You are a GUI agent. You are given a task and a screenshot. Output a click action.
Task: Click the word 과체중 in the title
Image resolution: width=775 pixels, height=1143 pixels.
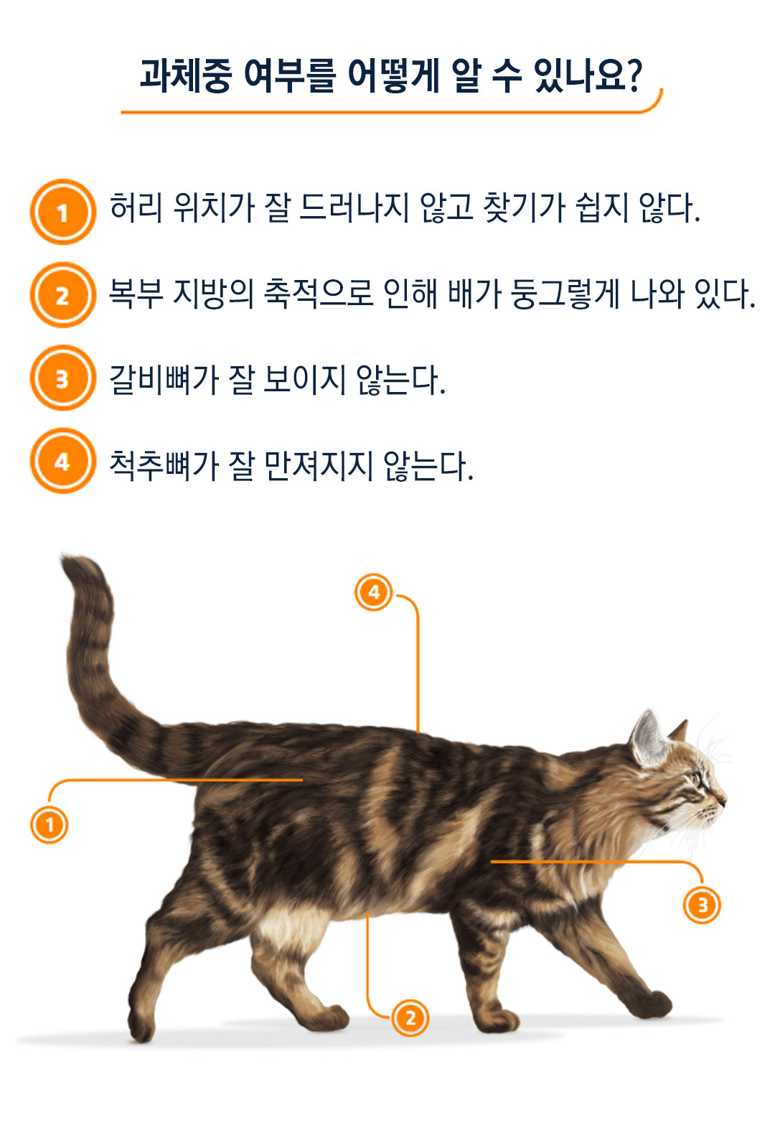186,75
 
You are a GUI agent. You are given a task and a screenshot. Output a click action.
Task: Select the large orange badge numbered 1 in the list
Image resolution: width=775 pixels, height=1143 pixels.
62,212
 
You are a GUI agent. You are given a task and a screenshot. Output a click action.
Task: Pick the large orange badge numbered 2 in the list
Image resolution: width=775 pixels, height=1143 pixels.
62,295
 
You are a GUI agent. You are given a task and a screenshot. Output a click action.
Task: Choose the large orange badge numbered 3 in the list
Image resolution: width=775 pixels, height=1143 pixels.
62,378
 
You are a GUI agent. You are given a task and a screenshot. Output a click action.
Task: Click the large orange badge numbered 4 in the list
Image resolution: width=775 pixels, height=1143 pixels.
62,461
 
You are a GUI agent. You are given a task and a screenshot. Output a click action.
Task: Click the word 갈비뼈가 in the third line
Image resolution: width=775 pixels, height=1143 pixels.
164,380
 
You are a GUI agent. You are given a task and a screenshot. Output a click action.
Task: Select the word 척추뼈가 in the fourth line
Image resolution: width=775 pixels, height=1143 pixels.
164,465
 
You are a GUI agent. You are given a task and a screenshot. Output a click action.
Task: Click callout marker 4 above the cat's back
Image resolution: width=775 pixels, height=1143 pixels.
374,592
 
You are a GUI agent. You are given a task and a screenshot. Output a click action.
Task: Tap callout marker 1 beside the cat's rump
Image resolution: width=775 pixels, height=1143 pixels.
50,825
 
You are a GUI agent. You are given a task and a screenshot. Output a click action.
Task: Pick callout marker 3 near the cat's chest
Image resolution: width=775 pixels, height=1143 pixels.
702,905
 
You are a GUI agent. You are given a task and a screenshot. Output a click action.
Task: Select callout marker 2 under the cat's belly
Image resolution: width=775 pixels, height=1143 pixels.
410,1018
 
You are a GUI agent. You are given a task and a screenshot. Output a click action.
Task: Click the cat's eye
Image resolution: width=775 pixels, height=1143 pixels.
696,779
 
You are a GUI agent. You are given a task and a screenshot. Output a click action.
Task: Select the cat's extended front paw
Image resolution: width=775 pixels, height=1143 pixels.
653,1004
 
